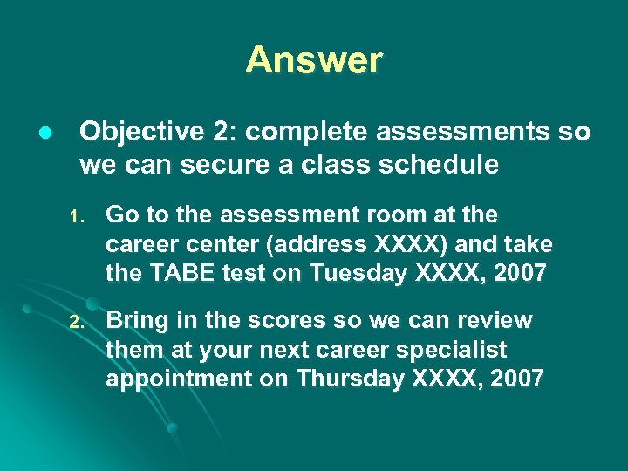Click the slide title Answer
[x=314, y=60]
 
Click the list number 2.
[x=75, y=323]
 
